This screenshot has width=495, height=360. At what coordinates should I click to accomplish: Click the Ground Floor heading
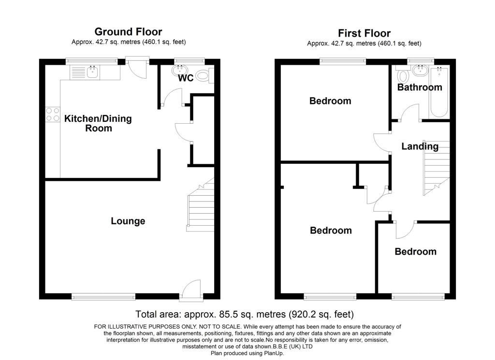pyautogui.click(x=128, y=32)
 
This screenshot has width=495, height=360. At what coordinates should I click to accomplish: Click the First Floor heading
pyautogui.click(x=364, y=33)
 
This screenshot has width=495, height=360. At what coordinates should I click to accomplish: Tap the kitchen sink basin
pyautogui.click(x=92, y=72)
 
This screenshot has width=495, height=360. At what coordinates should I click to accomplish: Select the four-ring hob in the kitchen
pyautogui.click(x=53, y=114)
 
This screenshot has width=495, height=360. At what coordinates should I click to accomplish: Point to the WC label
pyautogui.click(x=186, y=78)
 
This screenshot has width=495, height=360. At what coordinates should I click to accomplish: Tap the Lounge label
pyautogui.click(x=128, y=221)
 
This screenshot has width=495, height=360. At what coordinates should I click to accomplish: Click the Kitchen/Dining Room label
pyautogui.click(x=98, y=123)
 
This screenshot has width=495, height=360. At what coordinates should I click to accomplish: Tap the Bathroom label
pyautogui.click(x=420, y=87)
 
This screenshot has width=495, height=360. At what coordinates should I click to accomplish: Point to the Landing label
pyautogui.click(x=420, y=146)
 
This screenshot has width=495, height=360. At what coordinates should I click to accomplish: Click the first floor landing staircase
pyautogui.click(x=437, y=168)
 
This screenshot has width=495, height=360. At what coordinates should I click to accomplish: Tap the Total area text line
pyautogui.click(x=245, y=314)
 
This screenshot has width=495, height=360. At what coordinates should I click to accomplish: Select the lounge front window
pyautogui.click(x=103, y=296)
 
